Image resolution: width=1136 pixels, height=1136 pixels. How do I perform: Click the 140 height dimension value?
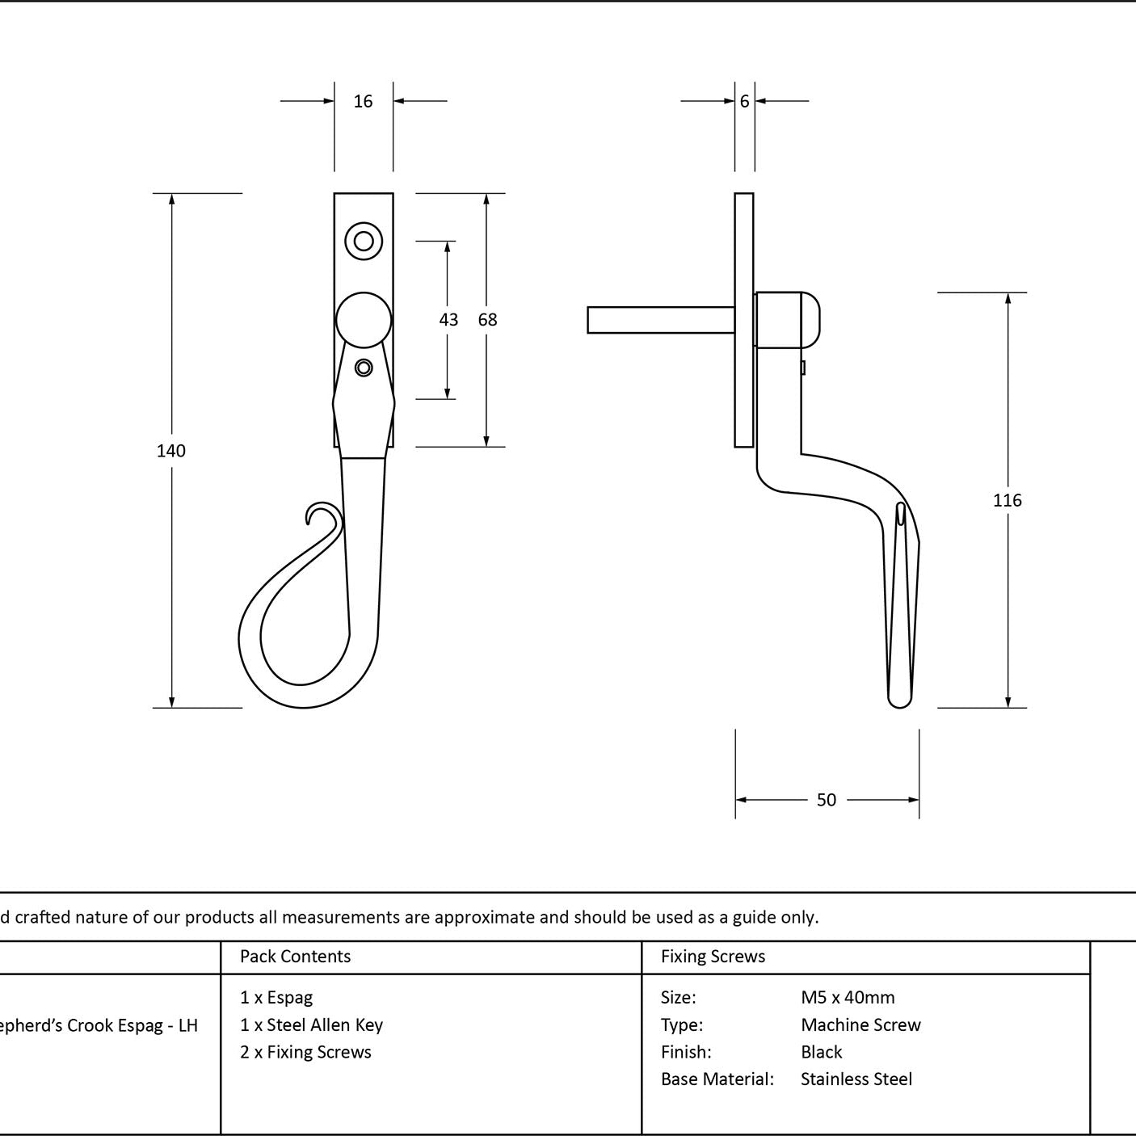171,450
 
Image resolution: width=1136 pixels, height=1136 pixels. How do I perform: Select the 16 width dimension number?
363,101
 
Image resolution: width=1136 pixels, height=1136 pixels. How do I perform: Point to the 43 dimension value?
448,319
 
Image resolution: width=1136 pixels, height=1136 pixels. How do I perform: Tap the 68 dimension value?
487,319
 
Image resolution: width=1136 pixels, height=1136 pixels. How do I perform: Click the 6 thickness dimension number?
745,101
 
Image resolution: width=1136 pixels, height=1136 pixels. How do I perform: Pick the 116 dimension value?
1007,500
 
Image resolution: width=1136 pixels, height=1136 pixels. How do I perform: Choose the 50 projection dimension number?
827,799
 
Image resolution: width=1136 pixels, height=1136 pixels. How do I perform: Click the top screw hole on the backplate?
364,241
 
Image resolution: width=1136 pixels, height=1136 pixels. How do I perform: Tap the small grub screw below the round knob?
364,368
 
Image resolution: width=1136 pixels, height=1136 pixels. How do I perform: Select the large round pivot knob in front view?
364,320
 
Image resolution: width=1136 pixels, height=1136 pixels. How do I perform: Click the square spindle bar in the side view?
661,320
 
